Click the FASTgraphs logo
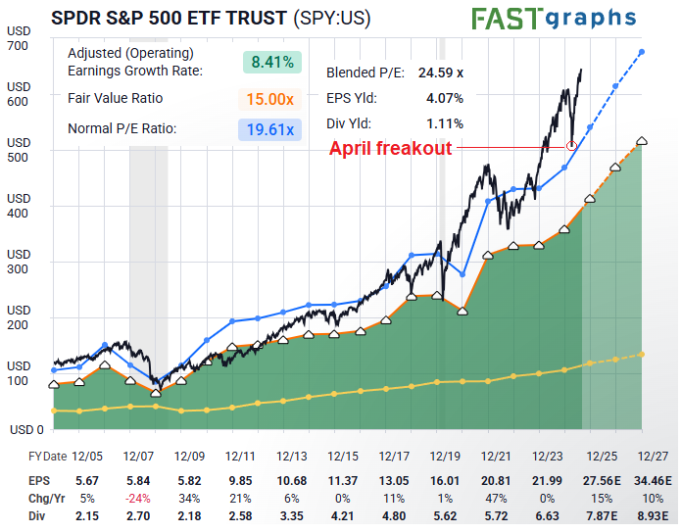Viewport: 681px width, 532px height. [553, 19]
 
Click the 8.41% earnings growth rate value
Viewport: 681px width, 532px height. [271, 62]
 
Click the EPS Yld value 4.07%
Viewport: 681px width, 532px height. [444, 98]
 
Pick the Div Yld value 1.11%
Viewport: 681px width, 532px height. [445, 123]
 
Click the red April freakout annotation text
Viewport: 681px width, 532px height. [390, 148]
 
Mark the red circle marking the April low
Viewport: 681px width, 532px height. [571, 146]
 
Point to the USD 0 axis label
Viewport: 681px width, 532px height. [26, 429]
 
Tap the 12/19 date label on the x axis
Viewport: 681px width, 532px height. [445, 457]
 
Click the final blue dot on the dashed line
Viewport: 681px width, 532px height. [642, 51]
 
